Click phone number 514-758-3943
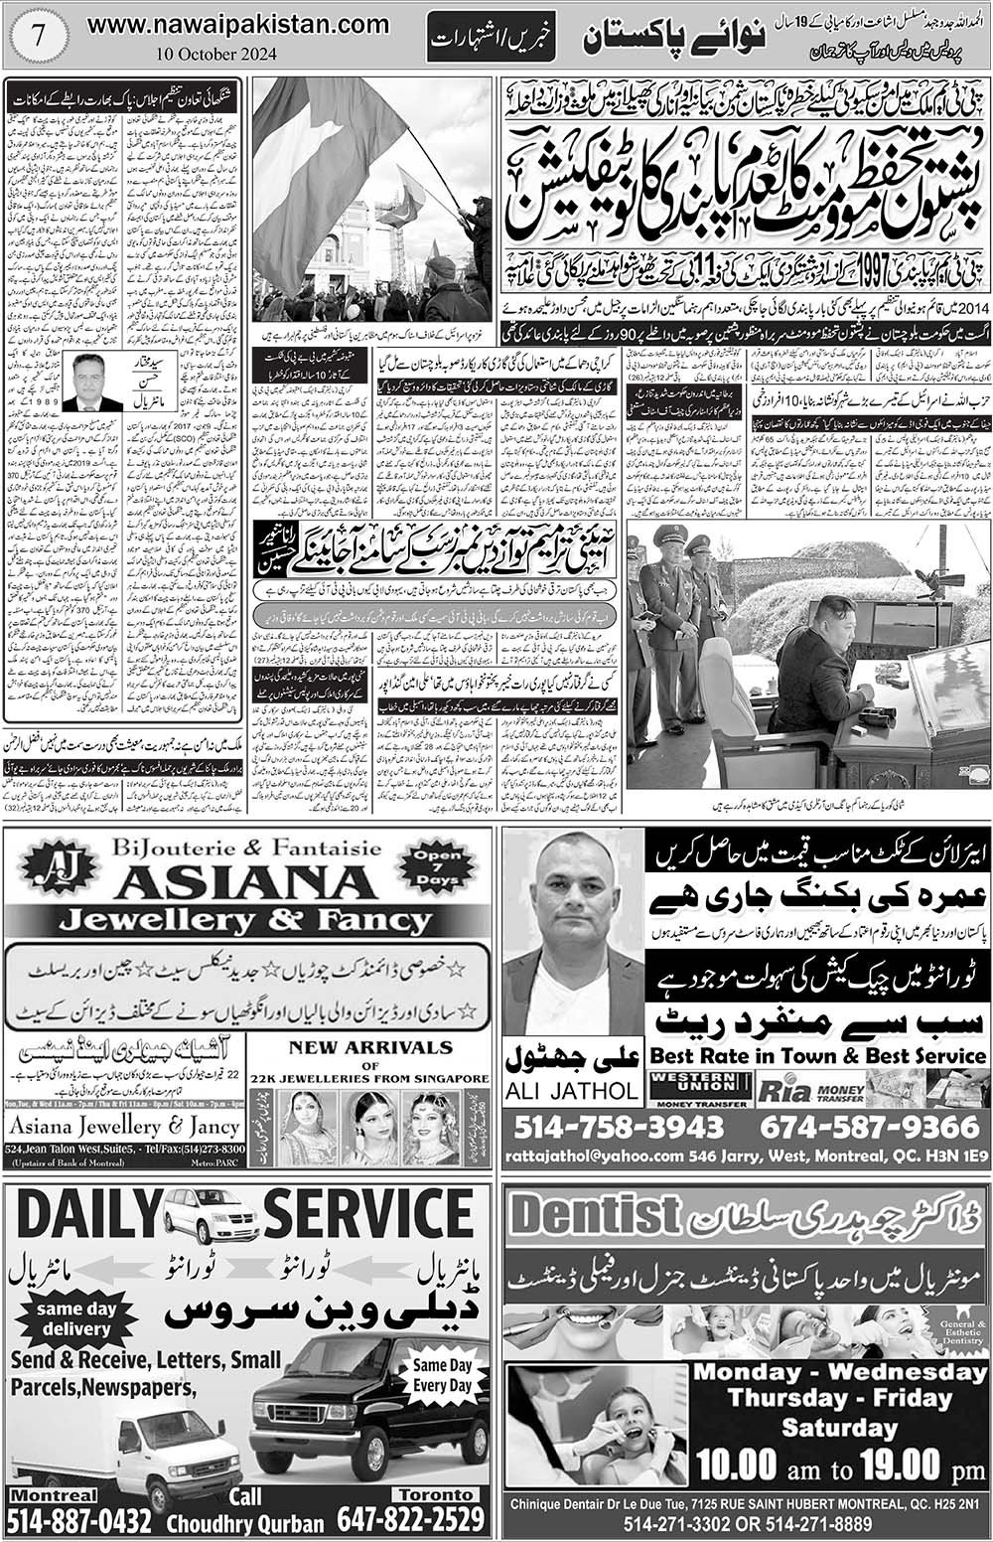click(x=619, y=1128)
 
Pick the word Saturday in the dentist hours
click(x=839, y=1429)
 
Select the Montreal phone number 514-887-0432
click(x=79, y=1520)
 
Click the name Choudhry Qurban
click(x=245, y=1523)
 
